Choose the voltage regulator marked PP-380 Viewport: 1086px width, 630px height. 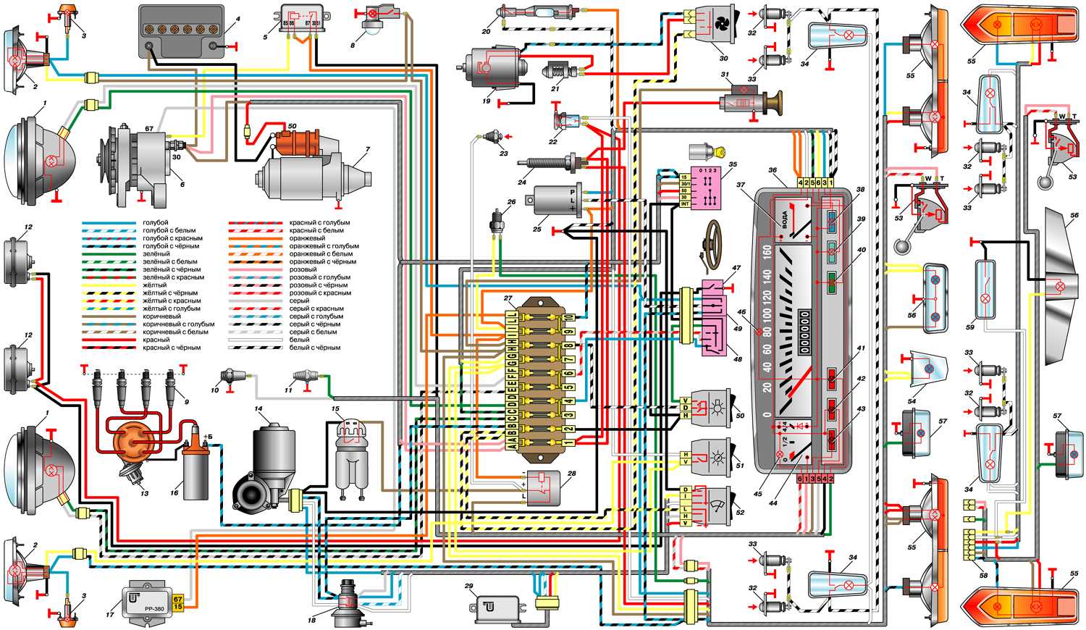[148, 601]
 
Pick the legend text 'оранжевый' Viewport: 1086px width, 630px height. [307, 238]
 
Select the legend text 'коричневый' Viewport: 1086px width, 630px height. [162, 316]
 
